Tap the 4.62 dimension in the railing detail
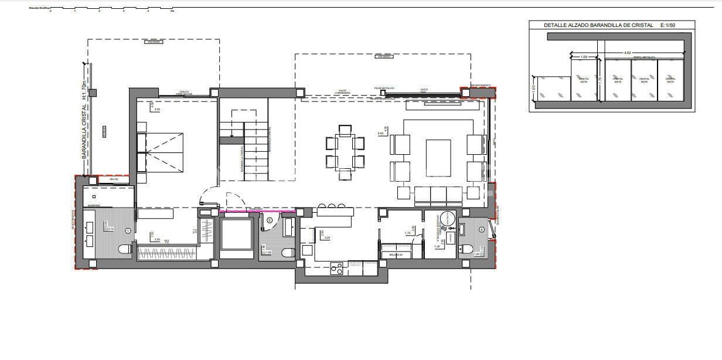click(x=628, y=53)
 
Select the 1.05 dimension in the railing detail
click(x=584, y=57)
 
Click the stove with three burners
click(x=337, y=269)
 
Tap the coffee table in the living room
click(x=438, y=158)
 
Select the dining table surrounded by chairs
click(x=345, y=151)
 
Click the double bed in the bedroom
click(x=160, y=152)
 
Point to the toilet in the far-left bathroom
click(x=125, y=250)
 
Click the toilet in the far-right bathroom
click(x=466, y=250)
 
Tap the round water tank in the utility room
click(x=448, y=219)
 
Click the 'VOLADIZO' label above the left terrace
click(x=154, y=42)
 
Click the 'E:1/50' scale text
click(x=668, y=25)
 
